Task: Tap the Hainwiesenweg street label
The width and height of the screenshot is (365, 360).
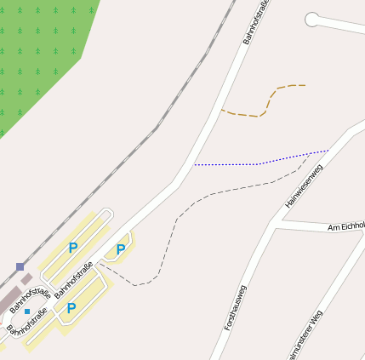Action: tap(304, 187)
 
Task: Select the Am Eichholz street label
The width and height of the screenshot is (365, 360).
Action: tap(345, 227)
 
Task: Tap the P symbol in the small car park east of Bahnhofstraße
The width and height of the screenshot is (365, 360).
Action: tap(121, 249)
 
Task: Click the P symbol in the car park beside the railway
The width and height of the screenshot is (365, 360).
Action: tap(72, 248)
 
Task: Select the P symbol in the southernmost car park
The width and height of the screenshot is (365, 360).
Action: tap(71, 308)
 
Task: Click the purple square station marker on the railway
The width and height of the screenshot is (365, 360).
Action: tap(20, 266)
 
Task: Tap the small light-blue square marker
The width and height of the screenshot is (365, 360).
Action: tap(27, 311)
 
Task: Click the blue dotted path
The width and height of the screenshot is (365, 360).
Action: tap(255, 163)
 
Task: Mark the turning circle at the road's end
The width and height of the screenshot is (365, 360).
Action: tap(312, 19)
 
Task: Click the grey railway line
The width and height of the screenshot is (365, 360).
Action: tap(157, 128)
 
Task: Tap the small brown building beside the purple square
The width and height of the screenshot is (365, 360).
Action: tap(26, 278)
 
